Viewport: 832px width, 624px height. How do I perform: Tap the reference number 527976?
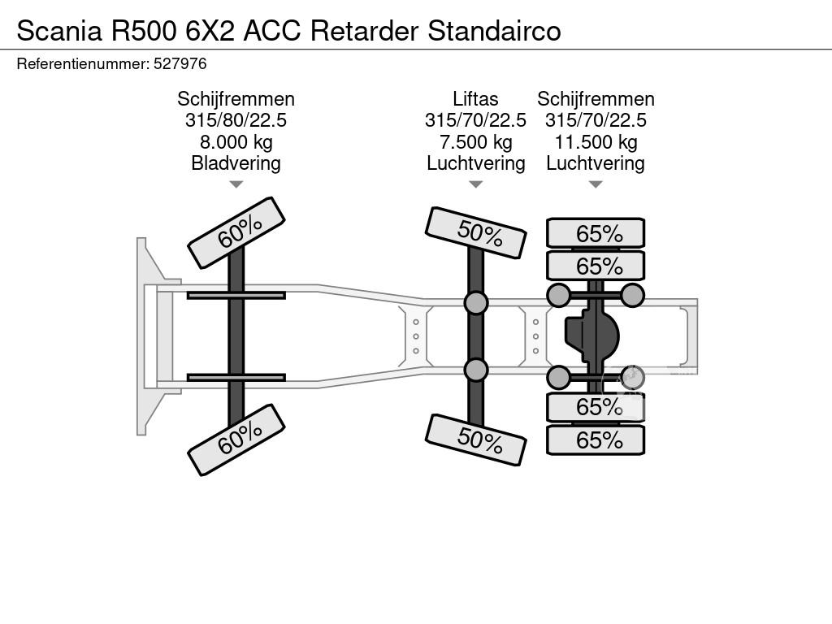click(180, 63)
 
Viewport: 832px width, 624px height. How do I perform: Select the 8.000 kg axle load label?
click(236, 142)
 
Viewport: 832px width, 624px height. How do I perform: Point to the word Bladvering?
click(236, 163)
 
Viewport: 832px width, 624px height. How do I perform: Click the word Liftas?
click(475, 99)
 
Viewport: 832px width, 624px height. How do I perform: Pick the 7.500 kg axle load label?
click(475, 142)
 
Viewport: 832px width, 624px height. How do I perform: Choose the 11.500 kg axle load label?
click(596, 142)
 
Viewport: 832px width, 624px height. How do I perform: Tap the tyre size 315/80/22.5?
click(236, 120)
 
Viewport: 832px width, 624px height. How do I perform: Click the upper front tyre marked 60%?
click(236, 232)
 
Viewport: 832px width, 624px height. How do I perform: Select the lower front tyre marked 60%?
click(236, 440)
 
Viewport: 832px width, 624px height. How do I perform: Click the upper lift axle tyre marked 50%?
click(475, 232)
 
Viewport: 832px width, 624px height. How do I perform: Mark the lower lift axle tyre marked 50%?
click(475, 440)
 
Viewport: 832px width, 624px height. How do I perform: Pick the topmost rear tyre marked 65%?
click(596, 233)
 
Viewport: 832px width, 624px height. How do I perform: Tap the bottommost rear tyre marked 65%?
click(596, 440)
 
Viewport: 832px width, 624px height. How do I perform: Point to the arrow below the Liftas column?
click(475, 184)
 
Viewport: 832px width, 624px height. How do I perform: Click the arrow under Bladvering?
click(236, 184)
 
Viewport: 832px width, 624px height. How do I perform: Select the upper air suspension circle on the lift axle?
click(475, 303)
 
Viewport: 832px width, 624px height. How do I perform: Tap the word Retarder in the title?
click(366, 30)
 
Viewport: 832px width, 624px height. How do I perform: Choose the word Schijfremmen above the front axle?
click(236, 99)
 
